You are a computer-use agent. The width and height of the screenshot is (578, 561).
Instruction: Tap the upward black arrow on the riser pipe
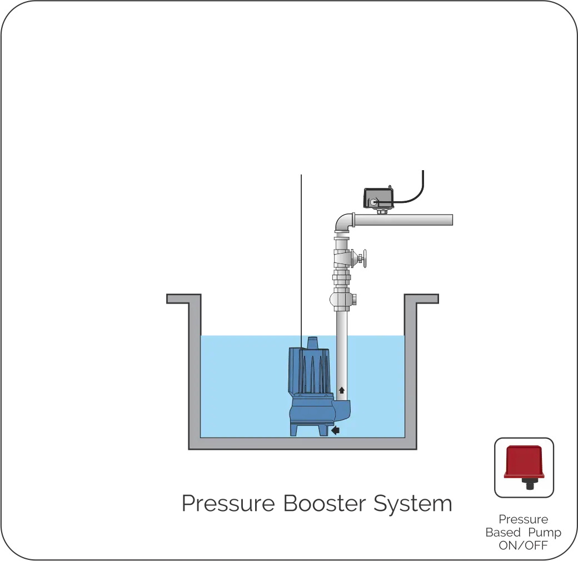pos(341,390)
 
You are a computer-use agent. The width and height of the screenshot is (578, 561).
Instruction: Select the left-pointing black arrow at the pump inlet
pos(335,430)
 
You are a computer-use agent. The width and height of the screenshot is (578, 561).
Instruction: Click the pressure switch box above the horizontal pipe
pos(379,198)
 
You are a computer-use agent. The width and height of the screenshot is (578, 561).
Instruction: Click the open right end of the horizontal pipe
pos(451,220)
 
